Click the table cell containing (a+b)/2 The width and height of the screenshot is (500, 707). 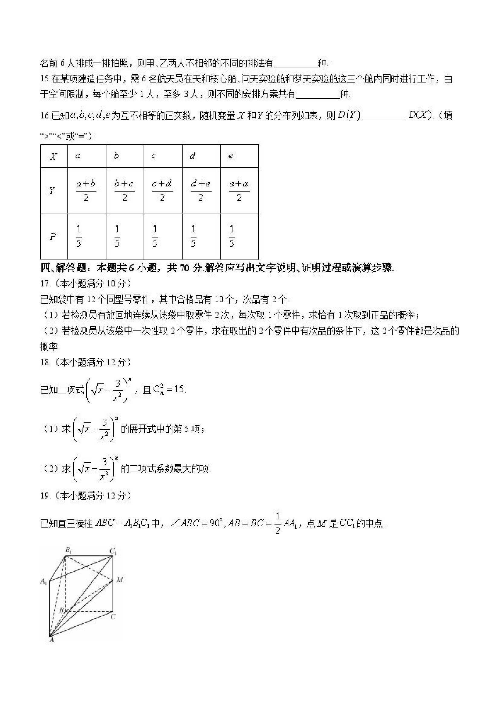(x=86, y=191)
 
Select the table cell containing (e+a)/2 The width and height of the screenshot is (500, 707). (x=239, y=191)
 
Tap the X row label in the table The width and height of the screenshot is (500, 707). (x=54, y=157)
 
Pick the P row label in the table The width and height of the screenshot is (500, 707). (x=53, y=237)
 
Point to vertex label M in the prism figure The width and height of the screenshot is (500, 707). (x=120, y=580)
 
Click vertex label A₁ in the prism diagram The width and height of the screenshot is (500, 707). (x=44, y=581)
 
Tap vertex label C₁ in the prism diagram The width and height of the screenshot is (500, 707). (x=113, y=551)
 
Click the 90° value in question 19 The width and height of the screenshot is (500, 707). (x=216, y=523)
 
